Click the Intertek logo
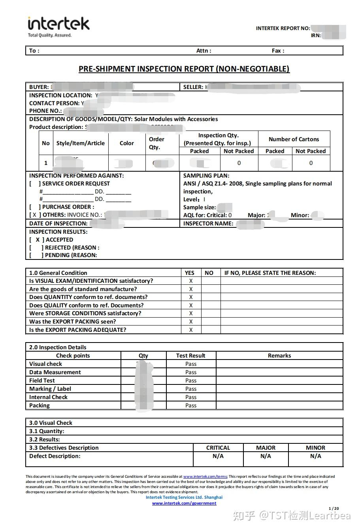(x=58, y=26)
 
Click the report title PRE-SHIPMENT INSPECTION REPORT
(x=184, y=69)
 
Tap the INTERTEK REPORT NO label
(x=283, y=28)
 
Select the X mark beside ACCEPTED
(x=38, y=240)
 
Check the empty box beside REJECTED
(x=36, y=248)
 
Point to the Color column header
(x=126, y=143)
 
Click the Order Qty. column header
(x=156, y=143)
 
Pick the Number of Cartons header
(x=294, y=139)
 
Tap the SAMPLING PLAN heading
(x=206, y=176)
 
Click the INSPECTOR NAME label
(x=208, y=223)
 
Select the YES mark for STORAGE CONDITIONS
(x=191, y=313)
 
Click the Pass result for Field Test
(x=191, y=380)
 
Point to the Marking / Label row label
(x=50, y=389)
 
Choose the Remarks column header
(x=279, y=356)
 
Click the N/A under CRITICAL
(x=218, y=456)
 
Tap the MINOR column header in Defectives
(x=315, y=448)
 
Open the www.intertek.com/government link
(x=184, y=503)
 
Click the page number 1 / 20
(x=334, y=509)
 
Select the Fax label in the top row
(x=278, y=51)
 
